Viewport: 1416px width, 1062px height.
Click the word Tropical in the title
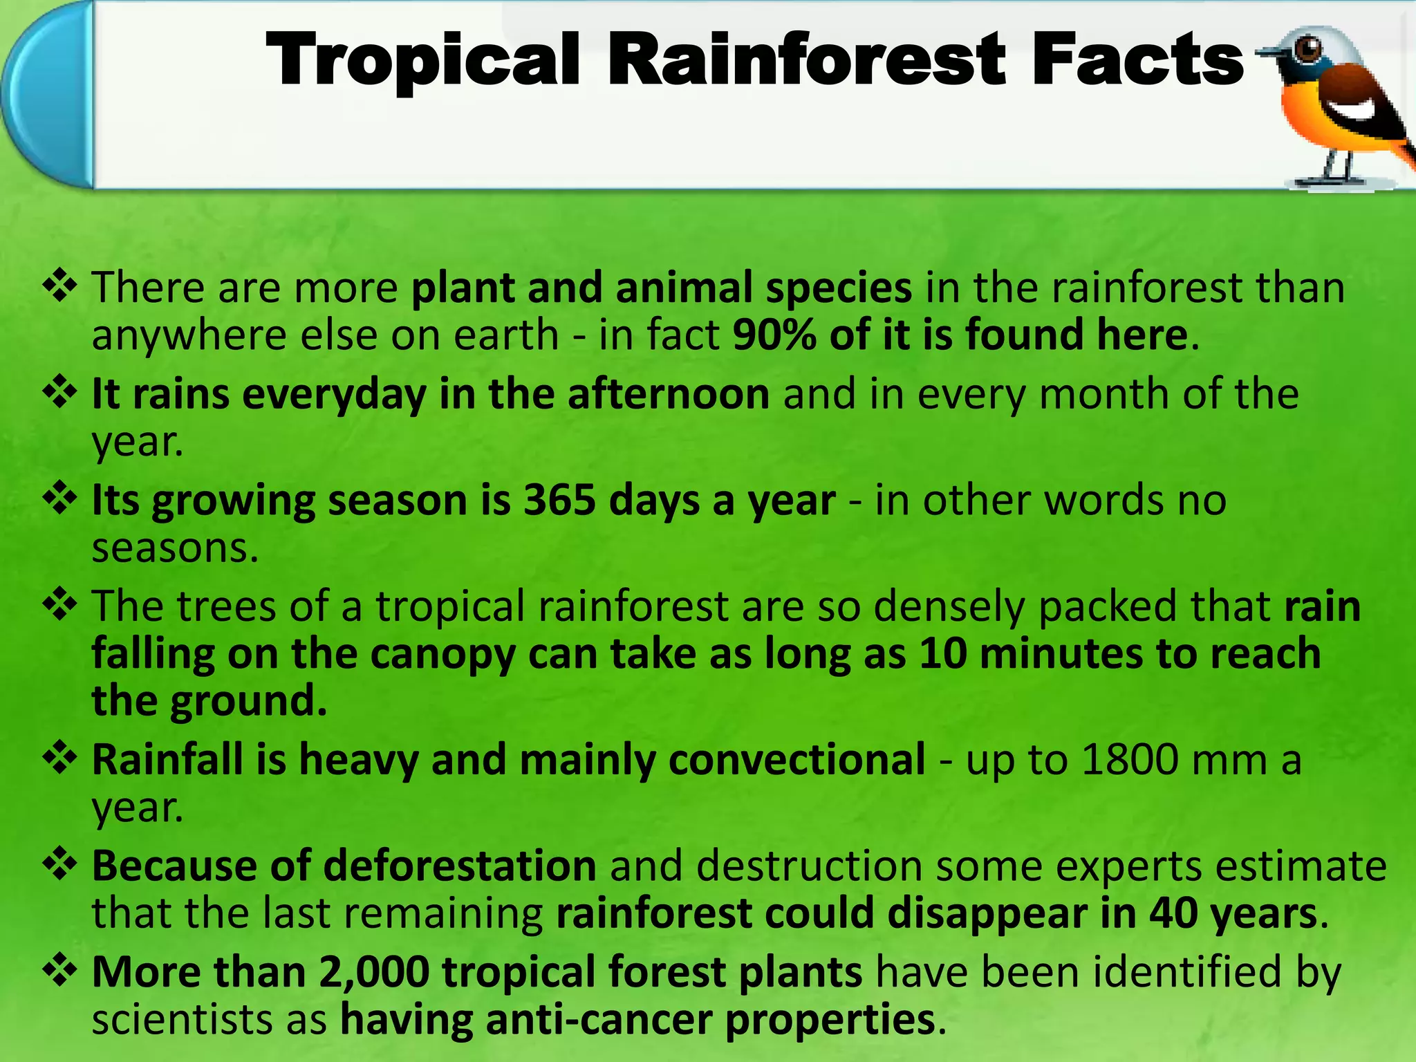[x=422, y=61]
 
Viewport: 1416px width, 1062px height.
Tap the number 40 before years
[x=1173, y=913]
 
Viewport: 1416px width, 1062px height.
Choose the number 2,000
[x=374, y=972]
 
